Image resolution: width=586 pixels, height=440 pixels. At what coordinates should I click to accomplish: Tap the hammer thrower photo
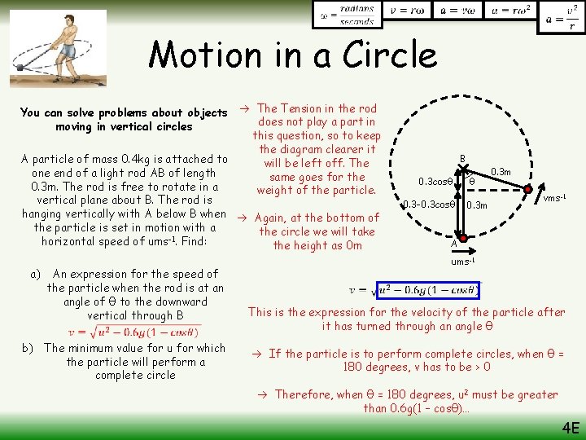pyautogui.click(x=56, y=47)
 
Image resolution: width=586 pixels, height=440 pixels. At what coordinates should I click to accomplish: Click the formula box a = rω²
pyautogui.click(x=509, y=12)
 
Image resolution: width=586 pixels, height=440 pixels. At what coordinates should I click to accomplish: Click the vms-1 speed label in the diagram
pyautogui.click(x=555, y=198)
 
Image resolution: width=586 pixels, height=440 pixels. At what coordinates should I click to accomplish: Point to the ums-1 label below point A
pyautogui.click(x=462, y=261)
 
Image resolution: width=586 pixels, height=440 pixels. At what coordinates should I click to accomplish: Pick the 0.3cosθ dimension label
pyautogui.click(x=436, y=181)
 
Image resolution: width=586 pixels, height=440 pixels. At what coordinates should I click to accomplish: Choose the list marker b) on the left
pyautogui.click(x=32, y=348)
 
